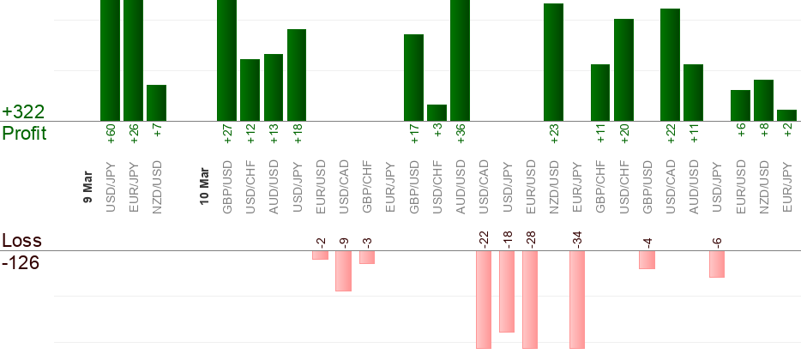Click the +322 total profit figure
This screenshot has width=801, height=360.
point(23,112)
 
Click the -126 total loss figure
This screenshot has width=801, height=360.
point(21,262)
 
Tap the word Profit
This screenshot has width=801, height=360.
point(24,134)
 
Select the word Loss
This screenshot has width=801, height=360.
point(21,240)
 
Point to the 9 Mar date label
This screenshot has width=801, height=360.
point(87,188)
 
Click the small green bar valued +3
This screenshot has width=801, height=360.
point(437,112)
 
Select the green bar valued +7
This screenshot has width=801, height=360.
point(156,103)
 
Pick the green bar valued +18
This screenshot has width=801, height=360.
point(297,75)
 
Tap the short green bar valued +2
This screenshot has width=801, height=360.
point(786,115)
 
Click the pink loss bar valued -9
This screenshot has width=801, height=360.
point(343,271)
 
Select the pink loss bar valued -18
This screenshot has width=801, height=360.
point(507,291)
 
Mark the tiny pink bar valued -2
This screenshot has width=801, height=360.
point(320,255)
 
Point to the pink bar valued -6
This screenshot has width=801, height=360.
point(717,264)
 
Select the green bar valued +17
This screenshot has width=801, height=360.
point(413,78)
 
